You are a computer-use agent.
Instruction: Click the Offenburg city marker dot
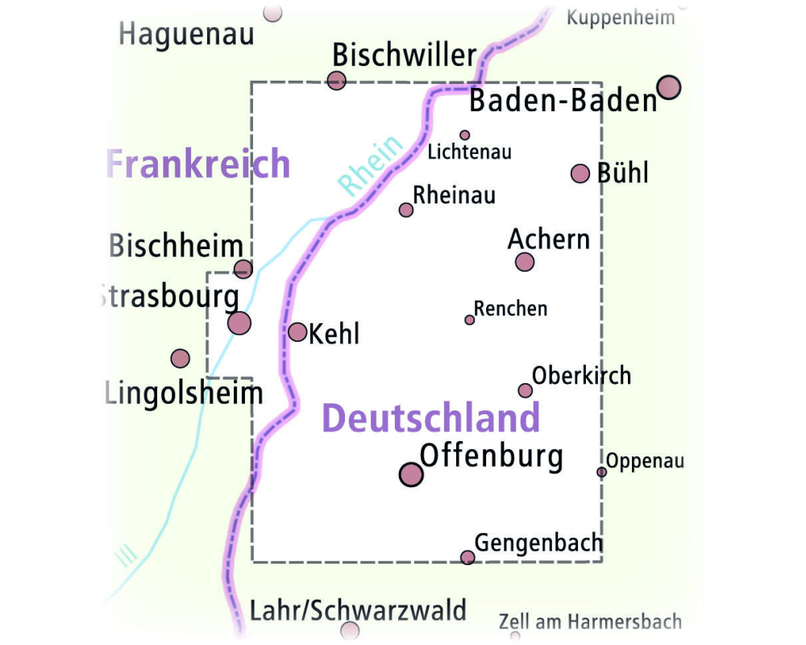click(411, 474)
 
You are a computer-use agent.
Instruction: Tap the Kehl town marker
click(297, 332)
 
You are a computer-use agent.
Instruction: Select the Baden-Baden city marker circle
click(669, 87)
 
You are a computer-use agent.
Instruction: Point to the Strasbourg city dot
click(239, 323)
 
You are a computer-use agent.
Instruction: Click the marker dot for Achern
click(525, 261)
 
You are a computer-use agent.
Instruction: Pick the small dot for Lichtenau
click(464, 135)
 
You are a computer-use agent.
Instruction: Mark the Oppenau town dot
click(601, 472)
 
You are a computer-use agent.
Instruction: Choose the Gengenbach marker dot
click(467, 557)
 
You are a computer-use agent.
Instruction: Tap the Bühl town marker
click(580, 173)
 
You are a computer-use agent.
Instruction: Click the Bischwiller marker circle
click(337, 80)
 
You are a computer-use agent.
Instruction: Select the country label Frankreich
click(198, 164)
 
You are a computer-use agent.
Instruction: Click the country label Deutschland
click(430, 418)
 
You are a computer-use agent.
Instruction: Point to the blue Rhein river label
click(371, 166)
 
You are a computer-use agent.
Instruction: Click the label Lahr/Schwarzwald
click(358, 610)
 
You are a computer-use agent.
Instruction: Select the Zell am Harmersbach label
click(590, 622)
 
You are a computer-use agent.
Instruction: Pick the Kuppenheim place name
click(621, 18)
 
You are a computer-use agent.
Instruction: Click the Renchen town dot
click(470, 320)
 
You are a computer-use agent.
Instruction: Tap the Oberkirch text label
click(581, 376)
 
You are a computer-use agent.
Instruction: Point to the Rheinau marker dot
click(406, 210)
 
